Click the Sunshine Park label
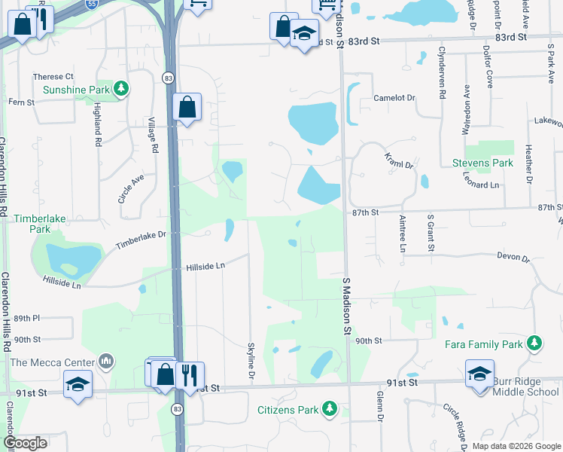click(x=75, y=90)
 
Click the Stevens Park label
click(x=482, y=163)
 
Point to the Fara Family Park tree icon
click(x=534, y=344)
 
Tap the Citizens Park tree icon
click(x=329, y=409)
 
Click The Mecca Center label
click(x=52, y=362)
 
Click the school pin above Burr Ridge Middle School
click(x=479, y=374)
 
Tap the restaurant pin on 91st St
click(x=189, y=373)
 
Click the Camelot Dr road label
click(x=395, y=99)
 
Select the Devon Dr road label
click(x=513, y=257)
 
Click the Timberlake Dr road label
click(x=140, y=240)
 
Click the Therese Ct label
click(x=53, y=77)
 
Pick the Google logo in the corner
click(x=25, y=443)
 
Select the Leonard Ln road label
click(x=482, y=185)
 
